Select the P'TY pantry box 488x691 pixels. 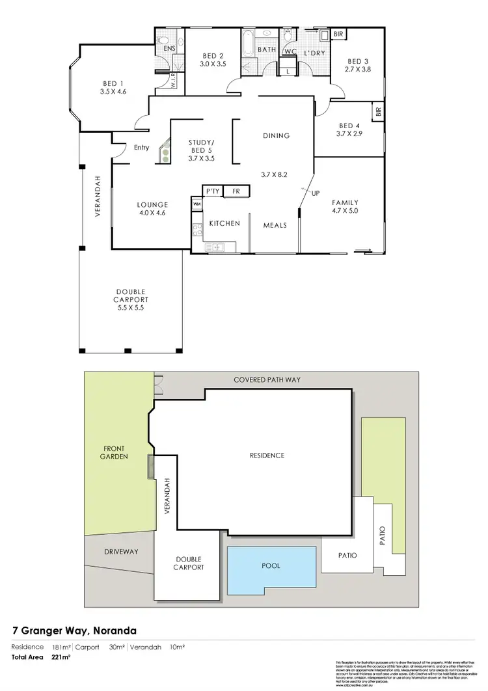(212, 191)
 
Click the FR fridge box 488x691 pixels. (236, 191)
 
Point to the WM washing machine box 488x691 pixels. (197, 204)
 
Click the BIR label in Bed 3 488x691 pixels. (338, 34)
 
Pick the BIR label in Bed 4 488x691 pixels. (379, 112)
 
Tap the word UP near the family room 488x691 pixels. (316, 194)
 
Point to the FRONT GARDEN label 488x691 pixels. (115, 452)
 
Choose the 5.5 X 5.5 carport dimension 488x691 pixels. (131, 308)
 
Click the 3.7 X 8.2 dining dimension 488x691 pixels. (275, 174)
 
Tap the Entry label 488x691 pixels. (141, 148)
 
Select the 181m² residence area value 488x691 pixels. (59, 647)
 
